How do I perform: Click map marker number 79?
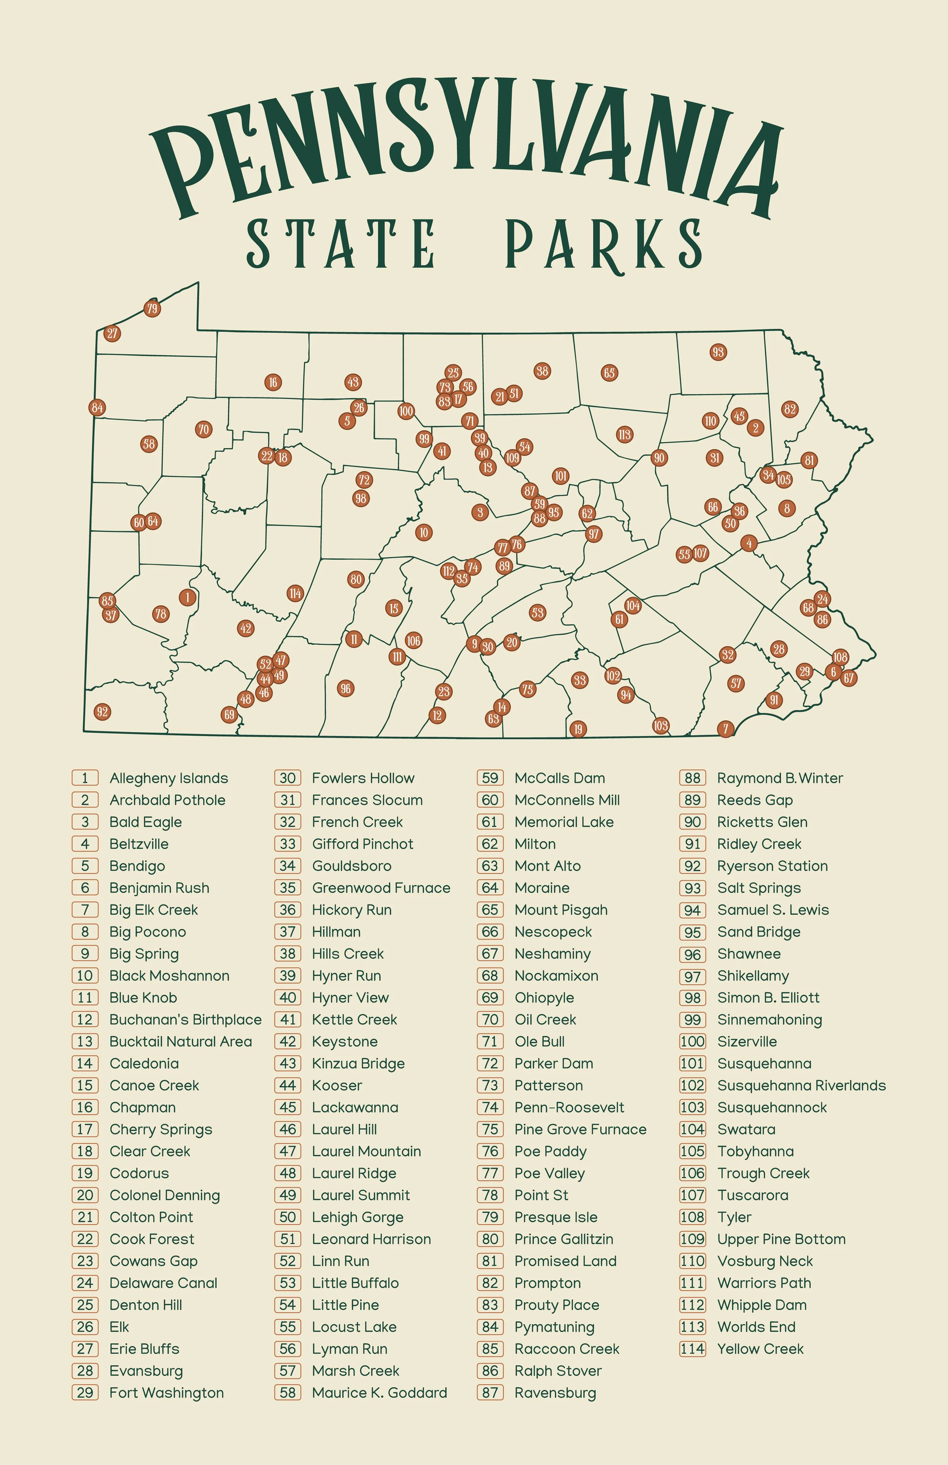[x=152, y=308]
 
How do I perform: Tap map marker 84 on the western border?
[x=97, y=407]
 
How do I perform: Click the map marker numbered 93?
[x=718, y=352]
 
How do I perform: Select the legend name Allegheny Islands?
[x=169, y=778]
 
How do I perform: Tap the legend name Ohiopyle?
[x=544, y=998]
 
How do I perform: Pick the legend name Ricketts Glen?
[x=762, y=822]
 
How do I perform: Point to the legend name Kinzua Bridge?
[x=358, y=1064]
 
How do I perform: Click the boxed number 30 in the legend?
[x=287, y=778]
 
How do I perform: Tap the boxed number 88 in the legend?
[x=692, y=778]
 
